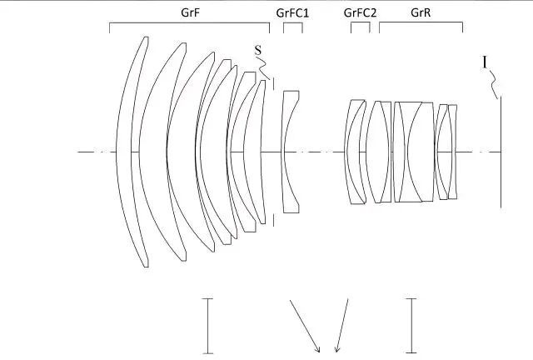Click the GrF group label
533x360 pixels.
click(191, 12)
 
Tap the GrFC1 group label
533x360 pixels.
click(292, 13)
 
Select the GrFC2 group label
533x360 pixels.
click(360, 13)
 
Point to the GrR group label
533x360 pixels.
click(421, 12)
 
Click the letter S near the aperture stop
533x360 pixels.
click(258, 50)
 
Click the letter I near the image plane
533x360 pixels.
click(485, 62)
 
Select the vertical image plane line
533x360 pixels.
click(501, 152)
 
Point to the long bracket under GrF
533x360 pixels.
click(189, 23)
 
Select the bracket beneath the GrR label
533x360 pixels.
click(421, 22)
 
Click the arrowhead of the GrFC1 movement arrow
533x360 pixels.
click(318, 350)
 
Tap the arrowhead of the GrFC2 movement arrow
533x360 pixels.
click(336, 350)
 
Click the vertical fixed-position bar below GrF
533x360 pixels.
click(207, 326)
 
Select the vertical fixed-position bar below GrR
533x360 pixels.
click(411, 326)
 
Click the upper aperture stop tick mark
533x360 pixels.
click(274, 83)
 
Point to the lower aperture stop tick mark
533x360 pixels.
click(274, 220)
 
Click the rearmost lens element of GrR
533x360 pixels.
click(452, 152)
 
